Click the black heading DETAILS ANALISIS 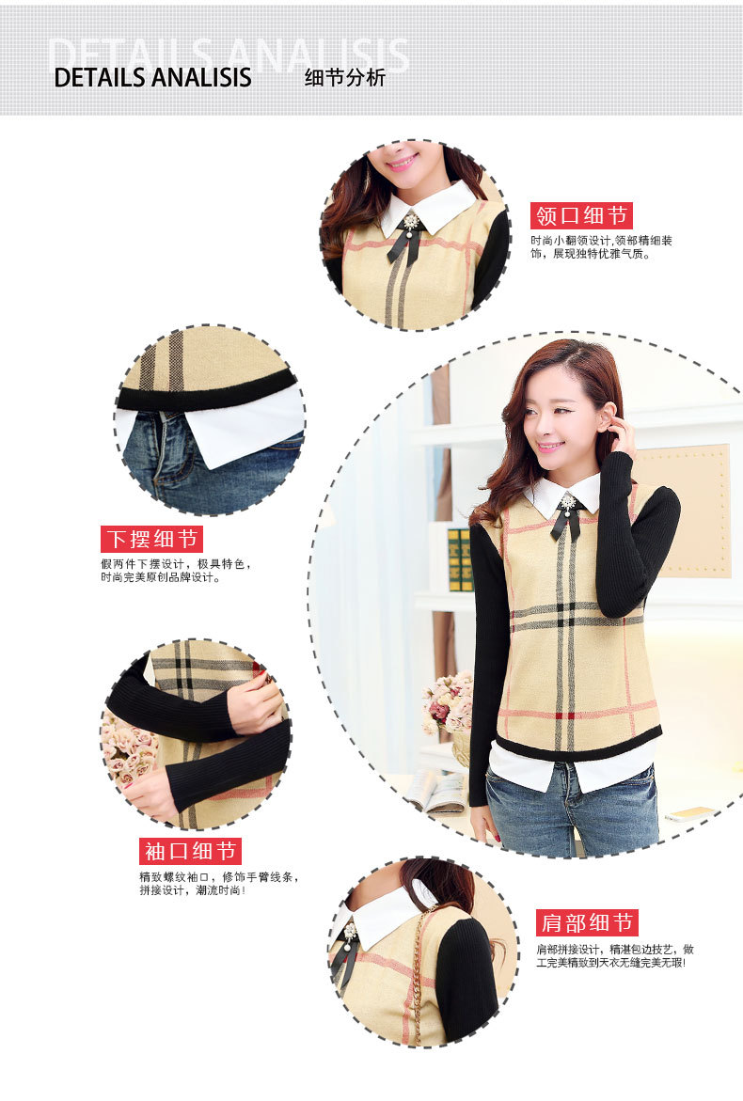(152, 77)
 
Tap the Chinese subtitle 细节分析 (345, 77)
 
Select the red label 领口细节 (581, 215)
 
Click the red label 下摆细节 (151, 540)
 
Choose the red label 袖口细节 (190, 851)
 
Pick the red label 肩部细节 (587, 922)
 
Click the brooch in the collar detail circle (410, 223)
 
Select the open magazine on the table (436, 792)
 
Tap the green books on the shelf (459, 559)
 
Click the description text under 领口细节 (601, 247)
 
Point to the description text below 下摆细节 (176, 571)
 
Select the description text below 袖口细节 (218, 883)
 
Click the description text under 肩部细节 (615, 955)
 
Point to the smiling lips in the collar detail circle (403, 164)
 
